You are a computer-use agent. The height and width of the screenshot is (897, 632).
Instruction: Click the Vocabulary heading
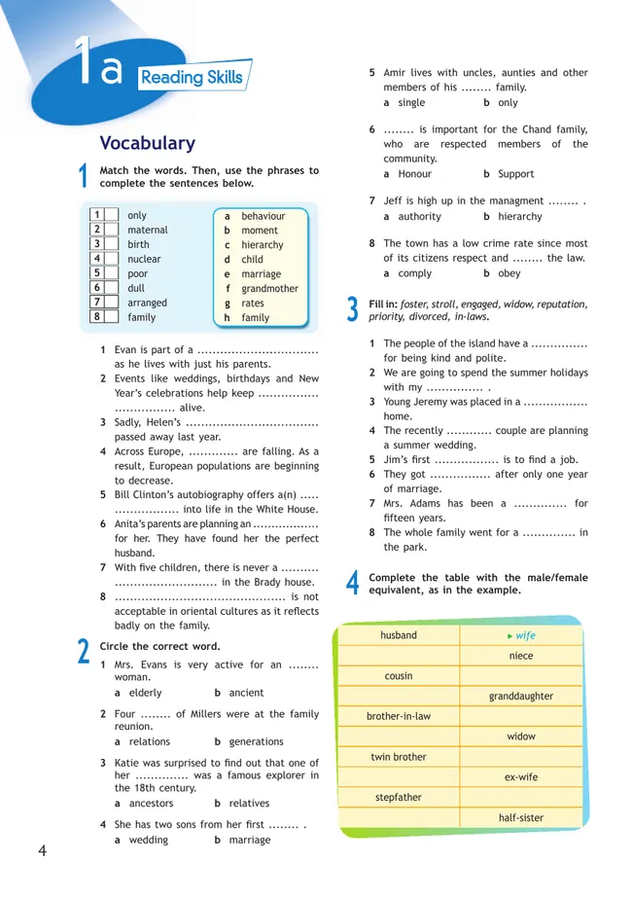[148, 143]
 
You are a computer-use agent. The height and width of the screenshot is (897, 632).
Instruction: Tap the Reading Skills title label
[192, 77]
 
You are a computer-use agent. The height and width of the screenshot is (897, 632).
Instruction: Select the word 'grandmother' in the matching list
[270, 289]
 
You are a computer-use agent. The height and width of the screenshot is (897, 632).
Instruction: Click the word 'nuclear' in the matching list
[144, 260]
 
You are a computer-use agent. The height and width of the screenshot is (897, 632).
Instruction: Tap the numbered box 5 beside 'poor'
[97, 273]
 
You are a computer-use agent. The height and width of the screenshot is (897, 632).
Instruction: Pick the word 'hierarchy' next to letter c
[263, 245]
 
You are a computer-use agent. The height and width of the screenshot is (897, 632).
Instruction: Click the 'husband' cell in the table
[399, 635]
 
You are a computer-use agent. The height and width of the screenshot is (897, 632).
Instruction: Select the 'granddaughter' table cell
[521, 697]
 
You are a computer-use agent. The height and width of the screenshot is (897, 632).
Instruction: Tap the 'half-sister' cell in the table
[521, 818]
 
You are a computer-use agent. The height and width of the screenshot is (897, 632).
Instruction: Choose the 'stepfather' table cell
[399, 798]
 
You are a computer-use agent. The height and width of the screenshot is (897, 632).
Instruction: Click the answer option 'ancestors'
[151, 804]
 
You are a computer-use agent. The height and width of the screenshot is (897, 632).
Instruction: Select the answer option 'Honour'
[415, 174]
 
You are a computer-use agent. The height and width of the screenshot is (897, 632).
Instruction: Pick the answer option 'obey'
[509, 273]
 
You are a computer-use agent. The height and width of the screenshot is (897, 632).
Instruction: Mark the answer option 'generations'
[250, 741]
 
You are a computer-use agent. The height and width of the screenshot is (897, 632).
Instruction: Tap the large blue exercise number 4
[353, 583]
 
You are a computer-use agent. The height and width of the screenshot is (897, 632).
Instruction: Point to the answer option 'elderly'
[146, 693]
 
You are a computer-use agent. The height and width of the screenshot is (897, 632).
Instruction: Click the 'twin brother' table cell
[399, 757]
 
